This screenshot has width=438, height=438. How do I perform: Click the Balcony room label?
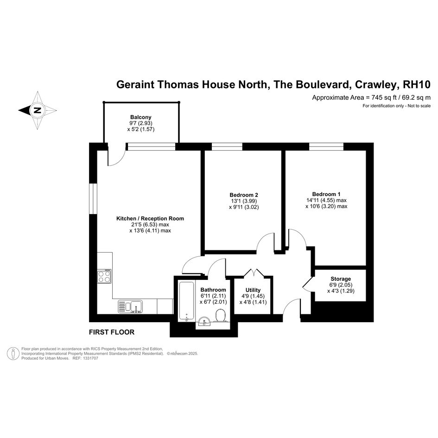(141, 117)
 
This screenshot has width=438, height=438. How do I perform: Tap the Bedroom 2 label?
(244, 195)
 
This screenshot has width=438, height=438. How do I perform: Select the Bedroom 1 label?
(326, 194)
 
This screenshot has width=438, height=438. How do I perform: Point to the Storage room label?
(341, 279)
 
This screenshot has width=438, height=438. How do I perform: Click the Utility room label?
(253, 290)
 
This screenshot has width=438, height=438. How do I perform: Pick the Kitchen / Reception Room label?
(150, 218)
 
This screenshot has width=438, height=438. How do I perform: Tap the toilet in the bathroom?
(221, 315)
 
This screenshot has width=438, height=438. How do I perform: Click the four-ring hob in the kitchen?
(104, 276)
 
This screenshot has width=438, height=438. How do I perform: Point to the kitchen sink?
(130, 306)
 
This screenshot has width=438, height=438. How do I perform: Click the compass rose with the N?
(38, 110)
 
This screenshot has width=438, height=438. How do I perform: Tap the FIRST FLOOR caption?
(112, 332)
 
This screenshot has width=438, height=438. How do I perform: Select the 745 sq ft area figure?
(384, 98)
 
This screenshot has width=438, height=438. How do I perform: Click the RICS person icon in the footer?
(13, 353)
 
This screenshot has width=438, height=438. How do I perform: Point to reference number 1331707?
(89, 358)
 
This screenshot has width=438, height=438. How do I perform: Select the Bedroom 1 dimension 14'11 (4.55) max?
(326, 200)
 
